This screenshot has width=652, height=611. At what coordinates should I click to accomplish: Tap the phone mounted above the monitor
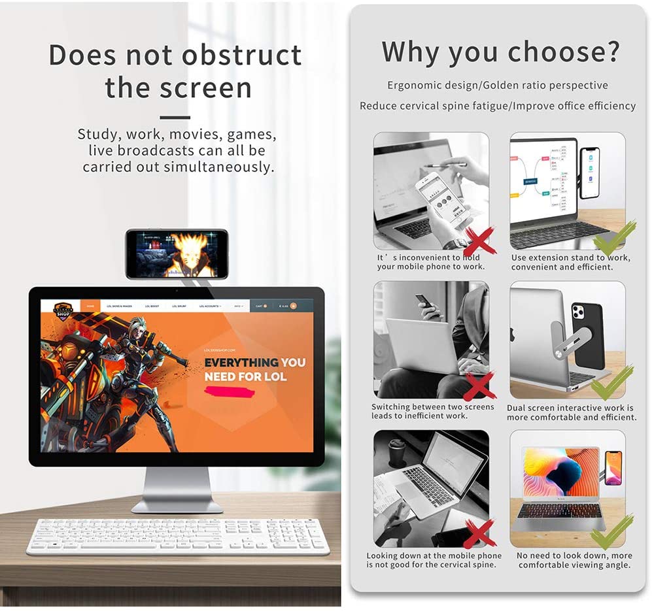(x=177, y=254)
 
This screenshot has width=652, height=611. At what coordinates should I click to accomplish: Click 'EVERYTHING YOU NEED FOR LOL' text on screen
(x=254, y=369)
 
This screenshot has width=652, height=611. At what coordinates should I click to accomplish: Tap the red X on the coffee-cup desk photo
(x=479, y=535)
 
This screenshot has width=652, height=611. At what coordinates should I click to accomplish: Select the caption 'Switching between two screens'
(x=433, y=407)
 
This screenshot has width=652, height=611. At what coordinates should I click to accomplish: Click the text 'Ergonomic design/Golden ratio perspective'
(x=497, y=86)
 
